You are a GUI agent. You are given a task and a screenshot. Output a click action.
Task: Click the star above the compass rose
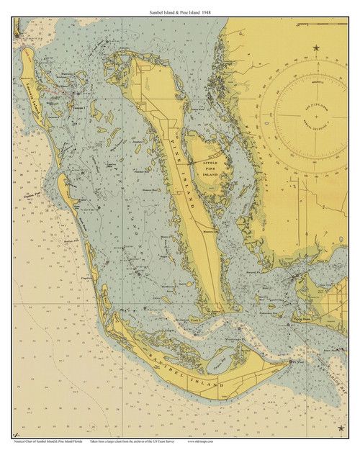coord(316,48)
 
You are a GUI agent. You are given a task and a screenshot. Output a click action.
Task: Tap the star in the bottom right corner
coord(341,429)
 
